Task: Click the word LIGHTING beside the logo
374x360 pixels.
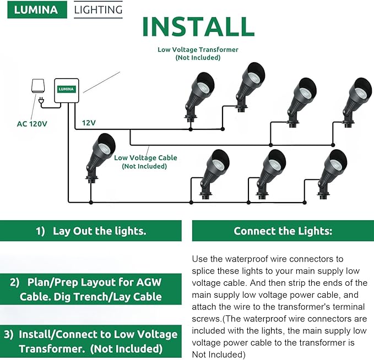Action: [98, 9]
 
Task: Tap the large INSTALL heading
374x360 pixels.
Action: [198, 26]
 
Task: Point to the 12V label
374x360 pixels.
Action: [89, 122]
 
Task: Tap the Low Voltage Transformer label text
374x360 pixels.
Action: [198, 50]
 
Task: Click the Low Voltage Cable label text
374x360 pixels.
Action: [145, 158]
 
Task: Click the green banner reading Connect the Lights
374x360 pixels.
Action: [283, 231]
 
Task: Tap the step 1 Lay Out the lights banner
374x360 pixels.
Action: [91, 231]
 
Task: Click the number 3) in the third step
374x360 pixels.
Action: [9, 334]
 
